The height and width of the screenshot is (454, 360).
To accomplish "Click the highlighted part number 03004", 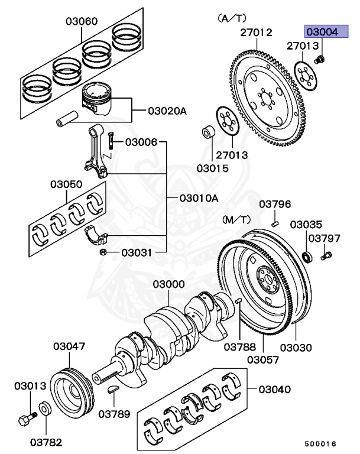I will point(322,31).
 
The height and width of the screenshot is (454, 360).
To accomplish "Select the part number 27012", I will point(256,33).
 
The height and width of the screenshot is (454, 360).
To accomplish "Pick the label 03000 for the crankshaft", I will point(168,284).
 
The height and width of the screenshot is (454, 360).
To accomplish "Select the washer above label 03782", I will point(45,408).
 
